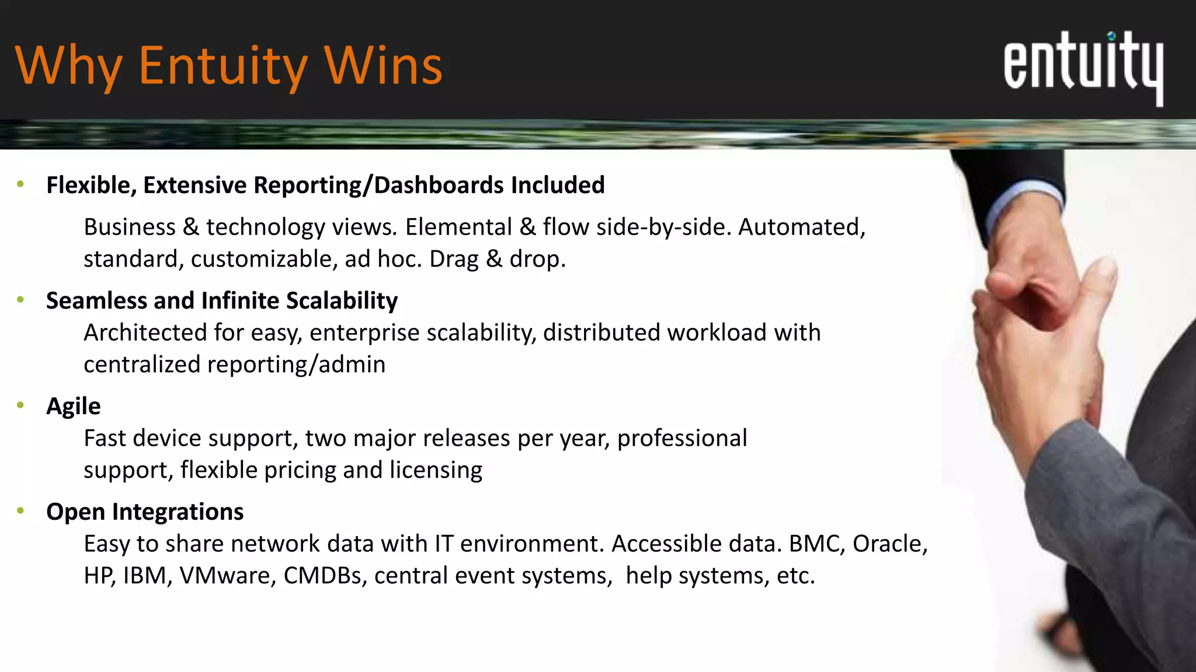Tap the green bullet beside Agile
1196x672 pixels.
click(x=21, y=405)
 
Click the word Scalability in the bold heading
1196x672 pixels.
click(x=342, y=300)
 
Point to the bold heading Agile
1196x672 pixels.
click(x=74, y=406)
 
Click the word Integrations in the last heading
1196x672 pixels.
click(x=178, y=512)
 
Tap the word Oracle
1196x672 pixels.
click(x=889, y=544)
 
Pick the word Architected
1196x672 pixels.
click(x=145, y=332)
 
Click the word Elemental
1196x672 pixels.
click(x=458, y=227)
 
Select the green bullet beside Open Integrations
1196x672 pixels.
click(x=21, y=511)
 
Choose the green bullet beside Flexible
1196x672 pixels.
click(x=21, y=185)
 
